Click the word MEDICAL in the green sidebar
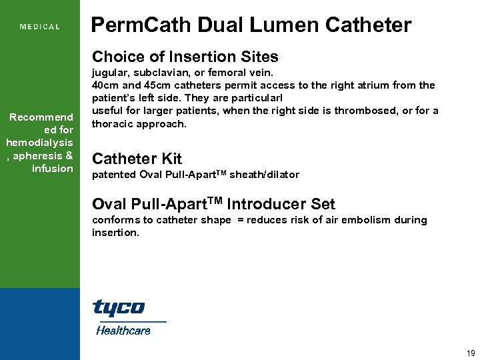point(40,27)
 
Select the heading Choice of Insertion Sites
point(185,57)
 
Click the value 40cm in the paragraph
point(105,85)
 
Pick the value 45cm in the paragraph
point(152,85)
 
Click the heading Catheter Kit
point(137,159)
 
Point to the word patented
point(114,175)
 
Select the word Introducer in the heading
point(257,204)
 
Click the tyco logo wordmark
point(118,308)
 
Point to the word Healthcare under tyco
point(123,330)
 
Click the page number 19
point(471,353)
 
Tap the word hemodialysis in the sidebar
point(39,143)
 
